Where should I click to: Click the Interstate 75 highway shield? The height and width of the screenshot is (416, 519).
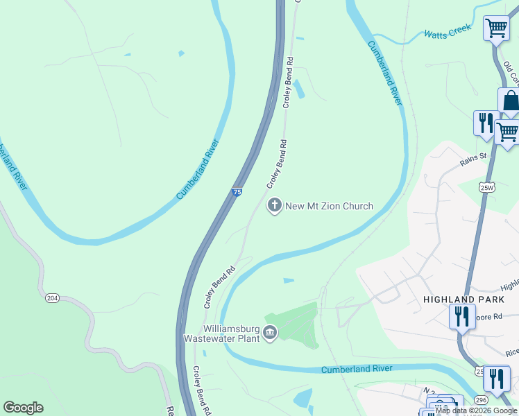[237, 192]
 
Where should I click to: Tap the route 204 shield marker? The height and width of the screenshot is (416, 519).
[51, 297]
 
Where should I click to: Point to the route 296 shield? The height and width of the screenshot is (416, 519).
[480, 400]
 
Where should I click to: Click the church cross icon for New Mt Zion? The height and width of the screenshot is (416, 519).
[275, 206]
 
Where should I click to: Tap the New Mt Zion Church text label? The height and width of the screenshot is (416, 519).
[330, 206]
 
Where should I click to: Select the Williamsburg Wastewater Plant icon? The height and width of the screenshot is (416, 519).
[270, 334]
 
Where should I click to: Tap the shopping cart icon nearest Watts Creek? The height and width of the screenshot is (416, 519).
[496, 29]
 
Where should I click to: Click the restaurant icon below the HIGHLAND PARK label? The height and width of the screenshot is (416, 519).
[461, 317]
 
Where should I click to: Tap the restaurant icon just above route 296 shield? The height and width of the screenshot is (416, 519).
[496, 378]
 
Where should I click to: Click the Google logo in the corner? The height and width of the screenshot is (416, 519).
[23, 408]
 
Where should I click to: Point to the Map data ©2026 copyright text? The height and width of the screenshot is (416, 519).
[476, 410]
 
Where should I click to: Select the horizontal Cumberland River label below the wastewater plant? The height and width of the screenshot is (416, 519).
[357, 369]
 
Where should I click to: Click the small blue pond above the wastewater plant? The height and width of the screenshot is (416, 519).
[289, 280]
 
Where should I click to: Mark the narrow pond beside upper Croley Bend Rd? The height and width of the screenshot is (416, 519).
[299, 89]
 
